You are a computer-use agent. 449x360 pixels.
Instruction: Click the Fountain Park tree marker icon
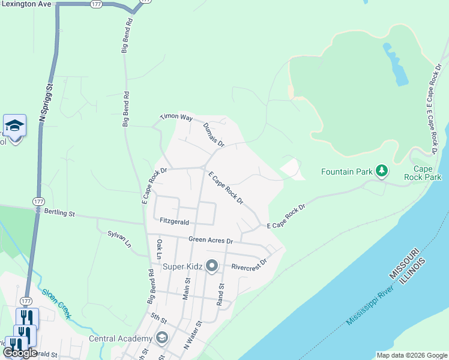[381, 172]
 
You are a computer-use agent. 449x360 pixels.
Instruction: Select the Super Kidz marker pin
[211, 265]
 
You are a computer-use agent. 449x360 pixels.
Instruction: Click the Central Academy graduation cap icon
[161, 338]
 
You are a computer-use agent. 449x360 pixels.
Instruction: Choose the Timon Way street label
[176, 118]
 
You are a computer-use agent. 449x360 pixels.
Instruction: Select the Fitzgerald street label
[175, 221]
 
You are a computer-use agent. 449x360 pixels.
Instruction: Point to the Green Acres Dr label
[210, 241]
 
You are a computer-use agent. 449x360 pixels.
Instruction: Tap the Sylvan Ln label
[119, 239]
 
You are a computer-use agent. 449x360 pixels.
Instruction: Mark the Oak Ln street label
[160, 249]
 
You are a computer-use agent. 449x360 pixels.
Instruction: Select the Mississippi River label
[369, 305]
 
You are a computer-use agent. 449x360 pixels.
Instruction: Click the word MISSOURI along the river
[402, 267]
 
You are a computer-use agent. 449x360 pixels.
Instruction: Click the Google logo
[20, 353]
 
